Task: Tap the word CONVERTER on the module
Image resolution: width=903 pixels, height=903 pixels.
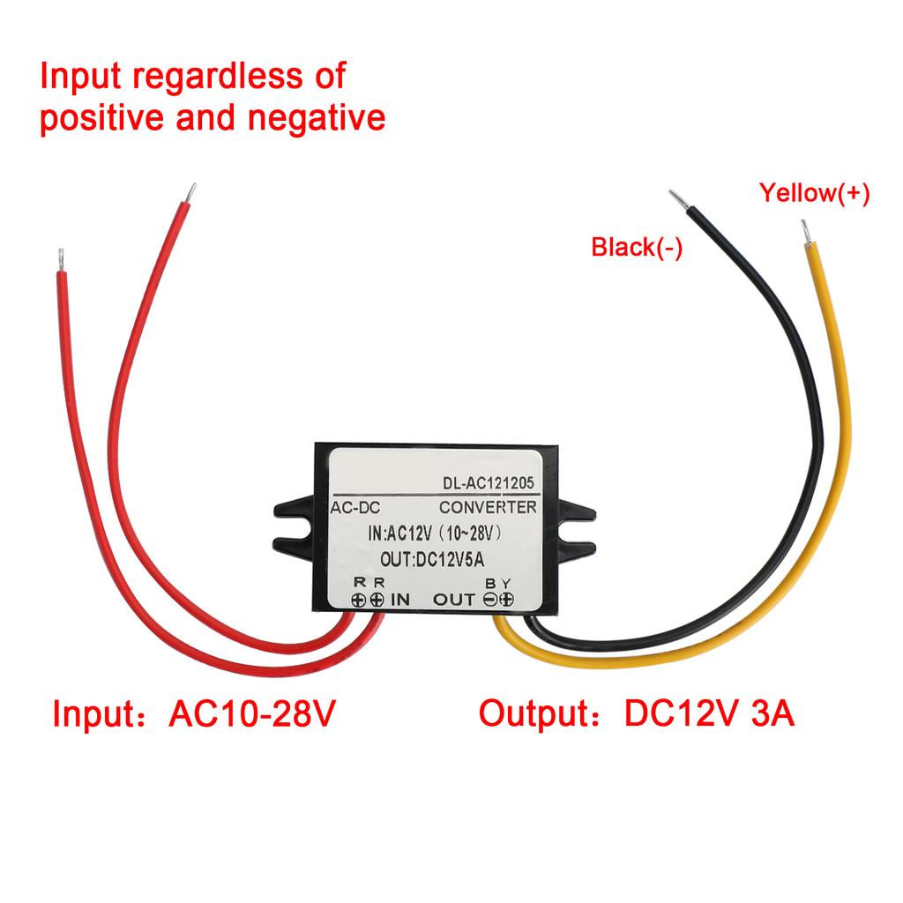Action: pos(488,507)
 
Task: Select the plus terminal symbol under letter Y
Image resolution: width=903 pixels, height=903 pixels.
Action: pos(507,600)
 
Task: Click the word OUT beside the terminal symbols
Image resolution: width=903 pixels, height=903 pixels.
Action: pos(454,600)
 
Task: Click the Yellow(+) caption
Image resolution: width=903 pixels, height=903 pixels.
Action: pos(814,193)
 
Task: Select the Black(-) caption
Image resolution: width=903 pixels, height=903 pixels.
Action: pos(637,248)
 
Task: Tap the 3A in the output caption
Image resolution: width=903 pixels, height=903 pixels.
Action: pos(772,713)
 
